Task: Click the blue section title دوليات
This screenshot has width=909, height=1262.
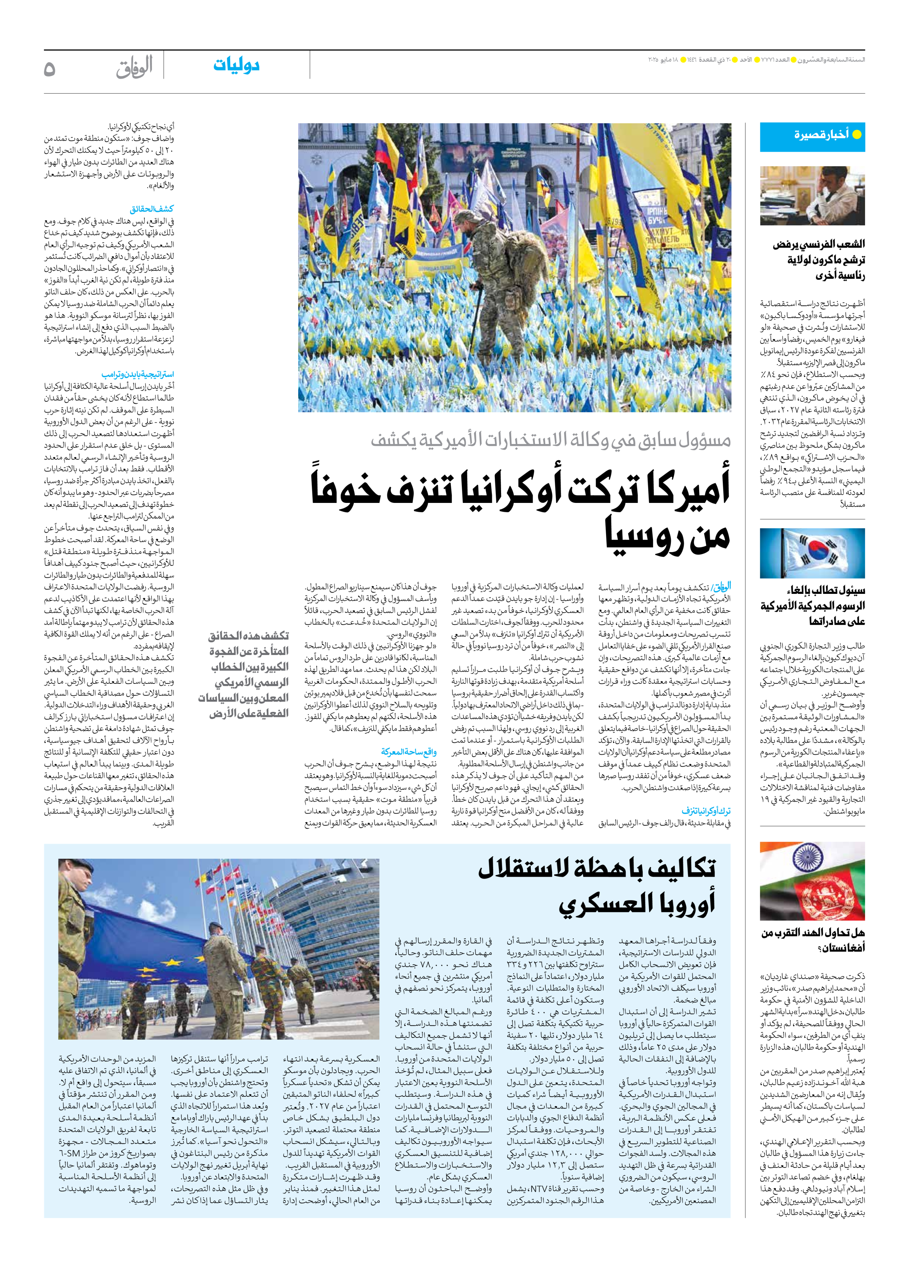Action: click(x=236, y=66)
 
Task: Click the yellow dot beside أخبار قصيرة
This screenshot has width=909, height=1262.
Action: click(x=857, y=134)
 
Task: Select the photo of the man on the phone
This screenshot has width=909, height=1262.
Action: click(x=812, y=195)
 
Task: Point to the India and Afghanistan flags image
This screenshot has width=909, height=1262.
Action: click(x=812, y=881)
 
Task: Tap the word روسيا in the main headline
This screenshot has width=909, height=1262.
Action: click(x=667, y=535)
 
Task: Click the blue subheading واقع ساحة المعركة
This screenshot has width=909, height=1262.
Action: click(x=409, y=752)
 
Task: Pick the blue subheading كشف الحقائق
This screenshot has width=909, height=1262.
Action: click(x=152, y=209)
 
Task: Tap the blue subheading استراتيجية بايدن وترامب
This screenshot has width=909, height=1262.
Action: click(x=137, y=374)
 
